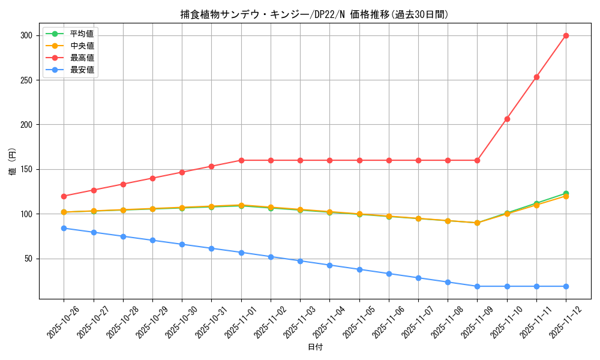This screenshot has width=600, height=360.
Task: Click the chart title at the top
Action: (314, 14)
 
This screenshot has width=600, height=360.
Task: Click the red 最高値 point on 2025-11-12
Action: (566, 35)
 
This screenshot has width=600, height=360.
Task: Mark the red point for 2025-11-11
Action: (536, 77)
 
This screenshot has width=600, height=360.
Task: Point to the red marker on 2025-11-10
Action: (507, 119)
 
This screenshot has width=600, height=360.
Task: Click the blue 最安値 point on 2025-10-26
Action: (64, 228)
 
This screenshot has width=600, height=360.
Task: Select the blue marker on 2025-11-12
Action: (566, 286)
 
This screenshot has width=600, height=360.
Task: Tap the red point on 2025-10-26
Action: (64, 196)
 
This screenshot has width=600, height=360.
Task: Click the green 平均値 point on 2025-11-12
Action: (566, 193)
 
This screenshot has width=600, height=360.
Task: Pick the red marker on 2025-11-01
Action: (241, 160)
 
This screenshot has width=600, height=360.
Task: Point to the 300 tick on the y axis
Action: (25, 35)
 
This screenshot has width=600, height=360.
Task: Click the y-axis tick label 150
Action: (25, 169)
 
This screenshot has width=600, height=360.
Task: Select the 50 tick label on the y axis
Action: (28, 259)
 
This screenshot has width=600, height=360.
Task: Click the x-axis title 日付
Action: (315, 347)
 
